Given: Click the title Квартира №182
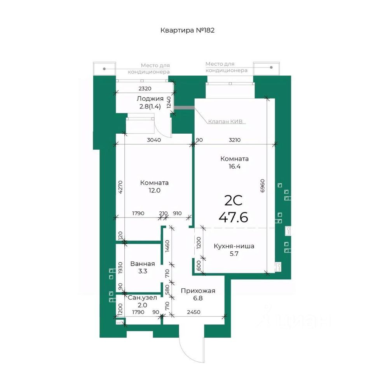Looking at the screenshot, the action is tap(187, 30).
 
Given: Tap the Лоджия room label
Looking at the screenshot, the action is tap(150, 98).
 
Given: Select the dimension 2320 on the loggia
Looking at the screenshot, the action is tap(145, 89).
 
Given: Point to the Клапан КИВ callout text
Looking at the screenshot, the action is tap(225, 122).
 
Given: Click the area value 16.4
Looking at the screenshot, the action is tap(235, 167).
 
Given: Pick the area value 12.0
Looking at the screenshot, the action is tap(154, 190).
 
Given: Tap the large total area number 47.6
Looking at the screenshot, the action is tap(234, 217).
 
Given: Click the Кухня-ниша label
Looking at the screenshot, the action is tap(234, 246).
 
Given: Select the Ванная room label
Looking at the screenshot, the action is tap(143, 263).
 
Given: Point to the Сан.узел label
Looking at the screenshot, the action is tap(143, 298).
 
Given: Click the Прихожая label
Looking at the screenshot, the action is tap(198, 291).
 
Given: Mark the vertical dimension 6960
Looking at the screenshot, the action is tap(262, 186).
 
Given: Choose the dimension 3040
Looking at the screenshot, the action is tap(154, 140).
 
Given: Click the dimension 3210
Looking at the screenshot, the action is tap(235, 140).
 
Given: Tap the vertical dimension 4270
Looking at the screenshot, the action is tap(120, 187).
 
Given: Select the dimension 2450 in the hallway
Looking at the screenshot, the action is tap(193, 312).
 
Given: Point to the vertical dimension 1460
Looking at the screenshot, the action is tap(167, 246).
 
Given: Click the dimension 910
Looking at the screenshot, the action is tap(177, 213).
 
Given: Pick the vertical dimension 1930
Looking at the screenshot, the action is tap(120, 268).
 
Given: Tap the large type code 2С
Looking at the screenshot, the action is tap(234, 200).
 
